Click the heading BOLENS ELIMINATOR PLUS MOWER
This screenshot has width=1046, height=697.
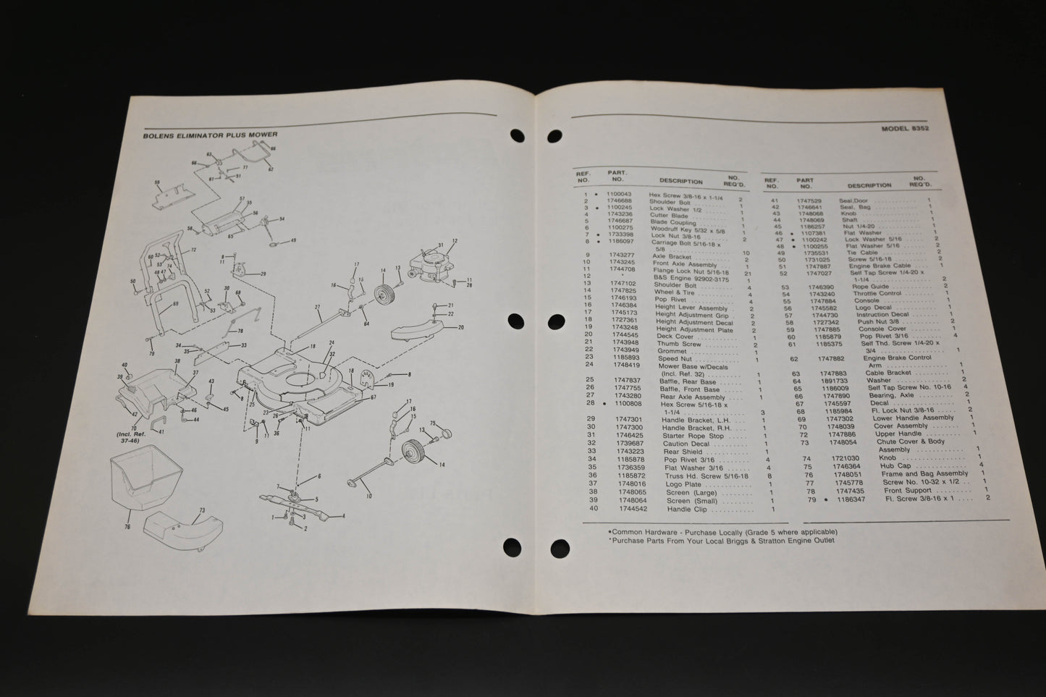coord(211,135)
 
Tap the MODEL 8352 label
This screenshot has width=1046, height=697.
coord(905,127)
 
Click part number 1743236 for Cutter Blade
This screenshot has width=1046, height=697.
coord(621,214)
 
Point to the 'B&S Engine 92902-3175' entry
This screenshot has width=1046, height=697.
coord(688,276)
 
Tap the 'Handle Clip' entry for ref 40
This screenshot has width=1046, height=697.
coord(686,510)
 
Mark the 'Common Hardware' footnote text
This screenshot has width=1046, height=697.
coord(641,531)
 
